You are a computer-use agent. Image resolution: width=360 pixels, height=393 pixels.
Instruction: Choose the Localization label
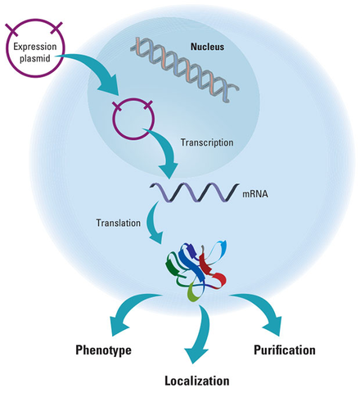(197, 380)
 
